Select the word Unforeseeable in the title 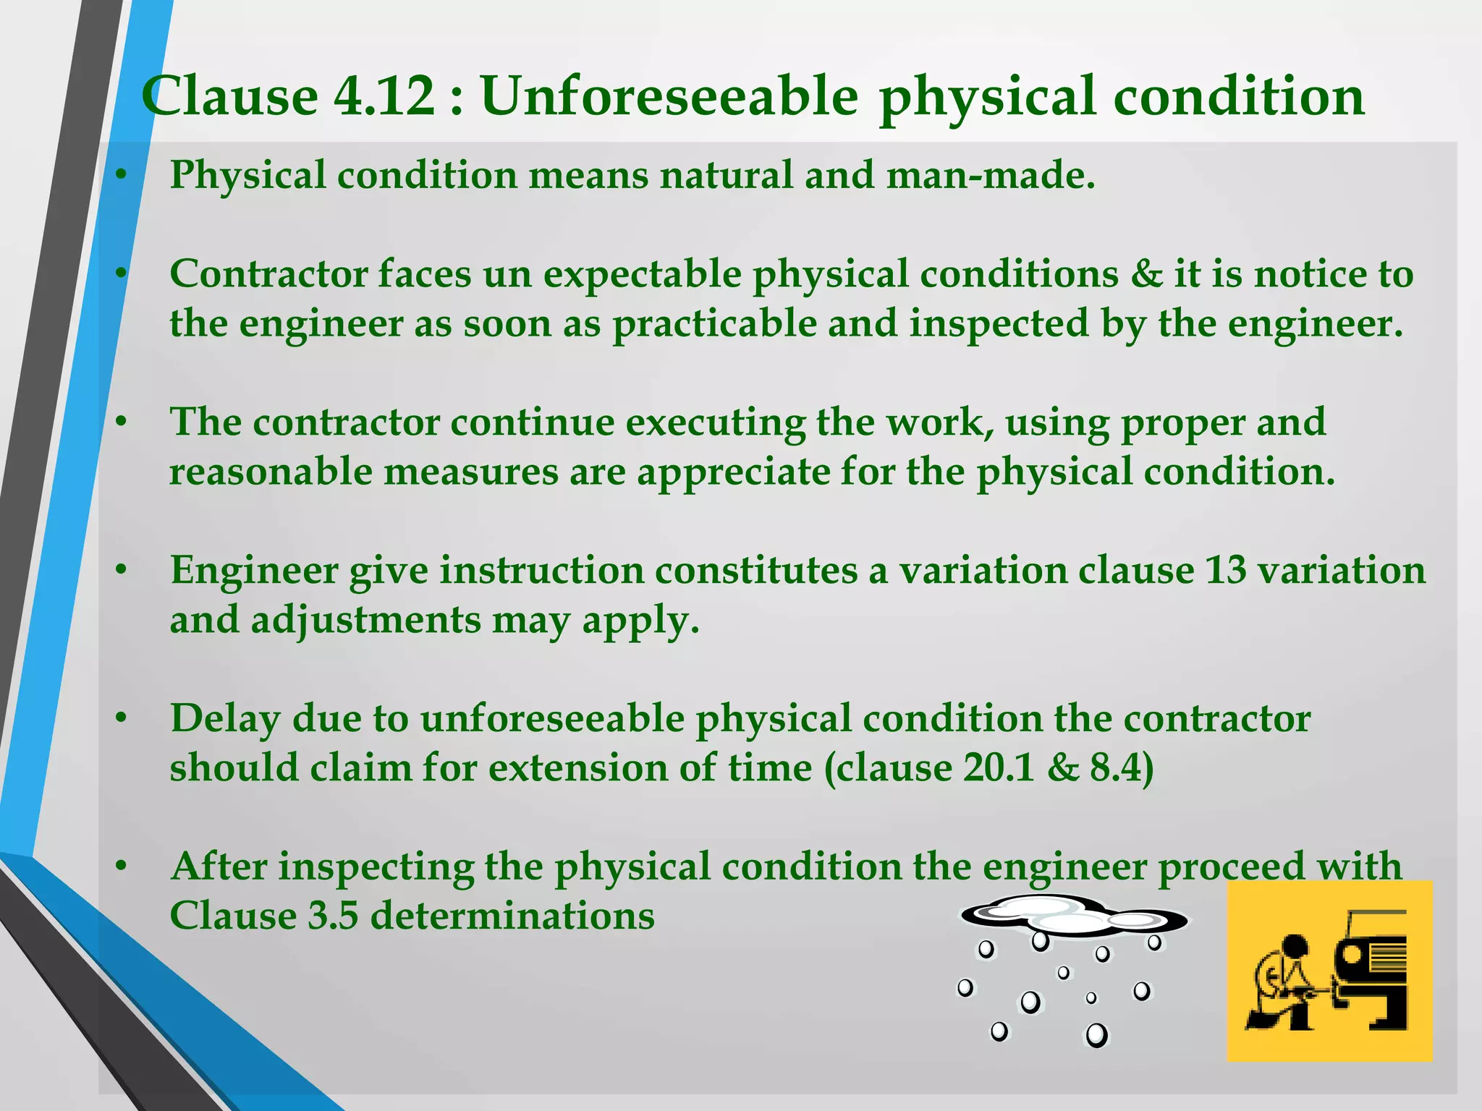[x=669, y=96]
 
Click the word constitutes [x=756, y=571]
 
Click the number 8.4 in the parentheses [x=1115, y=768]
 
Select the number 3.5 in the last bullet [x=334, y=916]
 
